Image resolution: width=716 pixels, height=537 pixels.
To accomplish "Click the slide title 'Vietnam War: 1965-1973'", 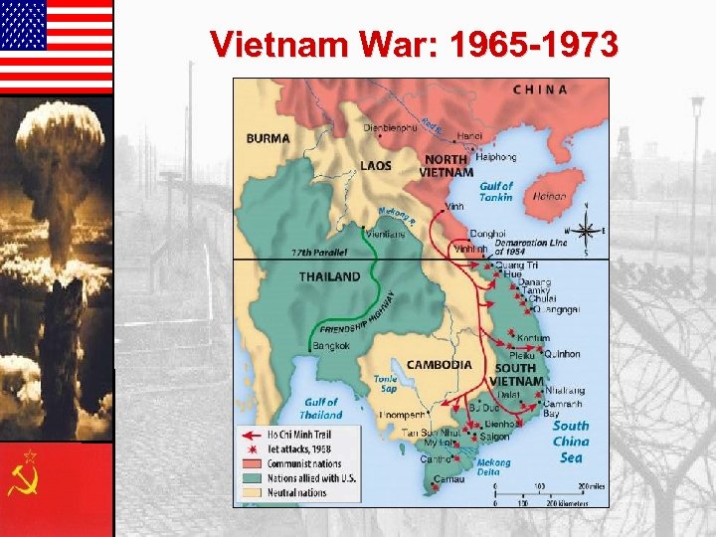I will click(414, 45).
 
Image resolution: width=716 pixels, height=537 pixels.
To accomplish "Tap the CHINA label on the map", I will click(540, 89).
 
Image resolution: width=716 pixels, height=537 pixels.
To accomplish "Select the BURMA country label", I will click(268, 138).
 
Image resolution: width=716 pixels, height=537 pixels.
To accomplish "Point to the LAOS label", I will click(375, 165).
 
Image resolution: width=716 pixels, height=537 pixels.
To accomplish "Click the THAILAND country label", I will click(329, 276).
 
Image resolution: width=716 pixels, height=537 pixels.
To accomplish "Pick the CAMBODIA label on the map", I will click(439, 364).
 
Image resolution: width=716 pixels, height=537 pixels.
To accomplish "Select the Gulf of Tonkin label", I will click(496, 191).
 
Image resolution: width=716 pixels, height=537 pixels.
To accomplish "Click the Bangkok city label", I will click(330, 346).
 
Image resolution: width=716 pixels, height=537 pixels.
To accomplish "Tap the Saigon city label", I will click(494, 437).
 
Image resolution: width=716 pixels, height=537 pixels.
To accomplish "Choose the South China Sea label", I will click(570, 442).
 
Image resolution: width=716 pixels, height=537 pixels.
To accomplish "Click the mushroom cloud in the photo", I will click(60, 139).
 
